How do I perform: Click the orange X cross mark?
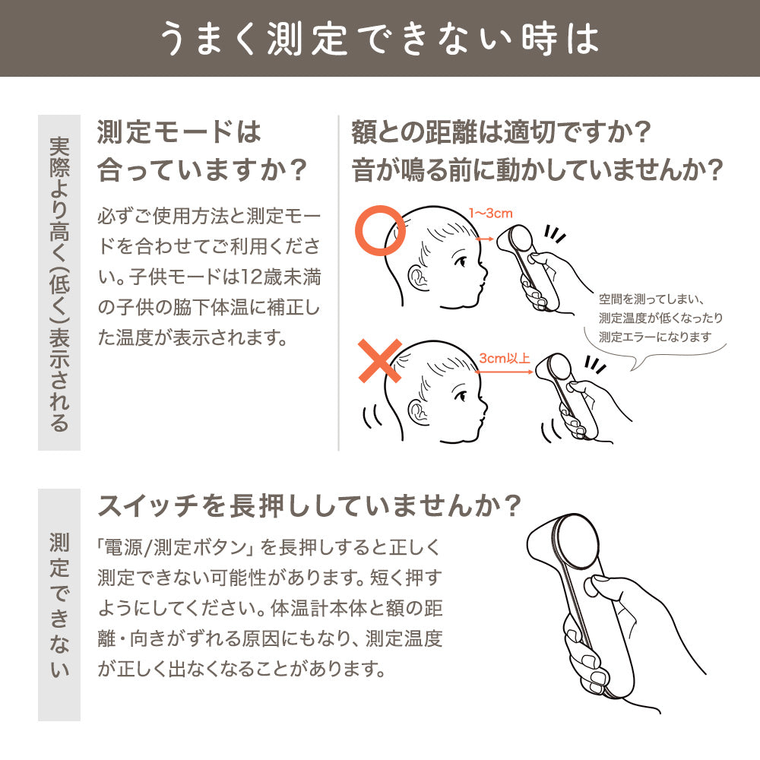click(380, 360)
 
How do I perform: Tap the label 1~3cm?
click(490, 214)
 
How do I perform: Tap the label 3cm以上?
click(505, 358)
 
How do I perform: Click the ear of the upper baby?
click(417, 278)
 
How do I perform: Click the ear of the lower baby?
click(417, 411)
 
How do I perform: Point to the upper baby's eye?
click(461, 262)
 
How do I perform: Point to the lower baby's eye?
click(461, 396)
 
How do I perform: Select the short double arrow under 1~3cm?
click(485, 239)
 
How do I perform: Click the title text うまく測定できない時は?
click(380, 39)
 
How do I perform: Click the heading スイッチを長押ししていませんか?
click(309, 505)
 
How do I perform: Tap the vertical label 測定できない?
click(59, 605)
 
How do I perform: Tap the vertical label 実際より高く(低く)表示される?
click(59, 283)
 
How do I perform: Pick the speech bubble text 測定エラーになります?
click(655, 337)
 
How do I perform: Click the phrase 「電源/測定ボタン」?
click(176, 547)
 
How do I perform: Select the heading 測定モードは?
click(179, 131)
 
